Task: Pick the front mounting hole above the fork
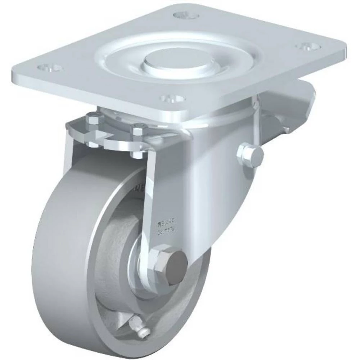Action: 172,98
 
